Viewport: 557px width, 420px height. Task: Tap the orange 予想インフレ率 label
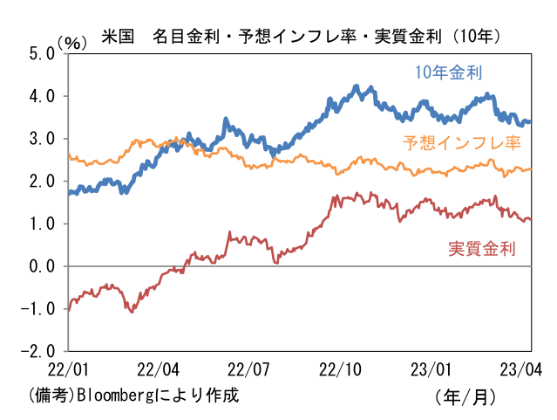pos(461,143)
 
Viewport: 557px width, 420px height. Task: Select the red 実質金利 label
pos(482,248)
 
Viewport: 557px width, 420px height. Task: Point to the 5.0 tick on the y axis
pos(41,53)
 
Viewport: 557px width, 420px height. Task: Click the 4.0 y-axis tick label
pos(41,96)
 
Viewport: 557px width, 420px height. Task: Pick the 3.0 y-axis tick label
pos(41,139)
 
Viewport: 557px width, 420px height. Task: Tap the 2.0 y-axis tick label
pos(41,182)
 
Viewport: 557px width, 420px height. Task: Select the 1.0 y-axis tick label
pos(41,224)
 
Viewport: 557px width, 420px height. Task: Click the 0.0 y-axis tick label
pos(41,266)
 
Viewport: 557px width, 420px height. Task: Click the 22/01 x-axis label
pos(67,369)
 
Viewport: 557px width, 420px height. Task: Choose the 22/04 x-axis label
pos(159,369)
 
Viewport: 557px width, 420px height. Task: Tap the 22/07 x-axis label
pos(250,369)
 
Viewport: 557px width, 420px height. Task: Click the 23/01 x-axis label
pos(433,369)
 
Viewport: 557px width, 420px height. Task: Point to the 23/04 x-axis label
pos(523,369)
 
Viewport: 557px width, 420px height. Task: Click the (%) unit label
pos(73,42)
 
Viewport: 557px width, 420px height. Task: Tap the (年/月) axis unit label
pos(465,396)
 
